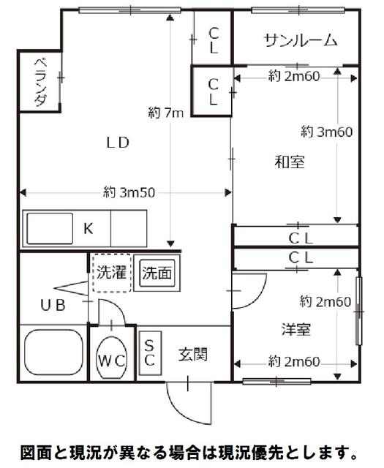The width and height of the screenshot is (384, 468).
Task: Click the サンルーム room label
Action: pos(301,40)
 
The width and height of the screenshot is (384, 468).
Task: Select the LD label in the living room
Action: pos(118,143)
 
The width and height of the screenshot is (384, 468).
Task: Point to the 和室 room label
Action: pos(290,162)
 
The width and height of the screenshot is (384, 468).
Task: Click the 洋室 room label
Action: pos(296,329)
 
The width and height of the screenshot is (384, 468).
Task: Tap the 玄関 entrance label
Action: pos(193,354)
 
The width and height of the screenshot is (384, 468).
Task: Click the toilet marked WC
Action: pos(112,358)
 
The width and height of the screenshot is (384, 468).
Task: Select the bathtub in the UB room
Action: pos(53,352)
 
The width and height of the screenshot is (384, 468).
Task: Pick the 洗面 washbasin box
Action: pos(157,273)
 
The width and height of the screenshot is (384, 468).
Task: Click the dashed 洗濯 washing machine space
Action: pos(111,273)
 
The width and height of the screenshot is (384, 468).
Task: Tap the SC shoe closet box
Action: pos(150,352)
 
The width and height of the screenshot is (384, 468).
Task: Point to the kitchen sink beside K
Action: pos(50,228)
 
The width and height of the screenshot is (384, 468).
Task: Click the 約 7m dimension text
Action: pos(166,113)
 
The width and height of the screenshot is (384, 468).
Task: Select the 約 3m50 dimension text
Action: pos(129,192)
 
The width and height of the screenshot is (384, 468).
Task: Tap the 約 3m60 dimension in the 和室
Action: pos(327,132)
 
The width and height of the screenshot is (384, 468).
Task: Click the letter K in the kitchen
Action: pos(88,229)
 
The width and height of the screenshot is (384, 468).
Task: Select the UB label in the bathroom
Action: pos(53,305)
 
